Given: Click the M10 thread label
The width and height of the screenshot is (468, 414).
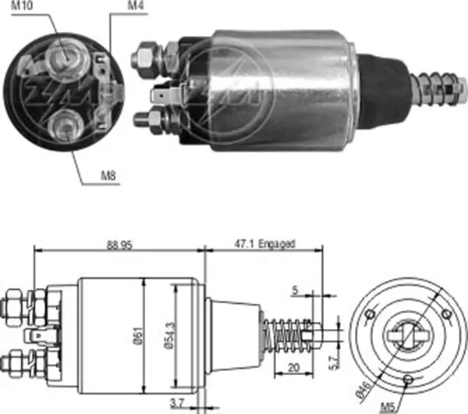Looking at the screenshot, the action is pyautogui.click(x=22, y=5).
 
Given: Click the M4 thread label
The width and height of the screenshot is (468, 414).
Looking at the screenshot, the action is pyautogui.click(x=136, y=5).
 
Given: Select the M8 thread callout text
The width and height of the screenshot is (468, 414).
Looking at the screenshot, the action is pyautogui.click(x=108, y=176).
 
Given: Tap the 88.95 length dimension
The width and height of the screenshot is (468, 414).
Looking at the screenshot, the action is pyautogui.click(x=119, y=245).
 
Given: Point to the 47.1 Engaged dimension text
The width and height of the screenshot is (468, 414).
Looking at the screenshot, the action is pyautogui.click(x=264, y=244).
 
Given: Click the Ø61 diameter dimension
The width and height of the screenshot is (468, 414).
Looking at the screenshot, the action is pyautogui.click(x=139, y=336).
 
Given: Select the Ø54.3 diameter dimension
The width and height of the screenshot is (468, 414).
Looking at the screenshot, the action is pyautogui.click(x=169, y=335).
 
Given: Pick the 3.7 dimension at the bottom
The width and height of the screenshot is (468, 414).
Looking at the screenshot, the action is pyautogui.click(x=177, y=404).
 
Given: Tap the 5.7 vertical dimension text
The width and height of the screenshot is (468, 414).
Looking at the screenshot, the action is pyautogui.click(x=334, y=362).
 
